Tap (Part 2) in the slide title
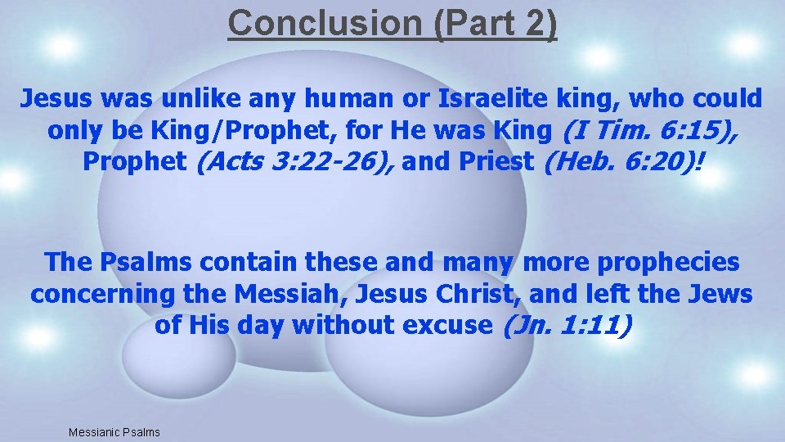pos(496,23)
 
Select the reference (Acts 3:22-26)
pos(295,161)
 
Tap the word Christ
pos(491,294)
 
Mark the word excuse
pos(446,325)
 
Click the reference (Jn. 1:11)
pos(565,325)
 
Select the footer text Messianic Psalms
pos(114,432)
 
